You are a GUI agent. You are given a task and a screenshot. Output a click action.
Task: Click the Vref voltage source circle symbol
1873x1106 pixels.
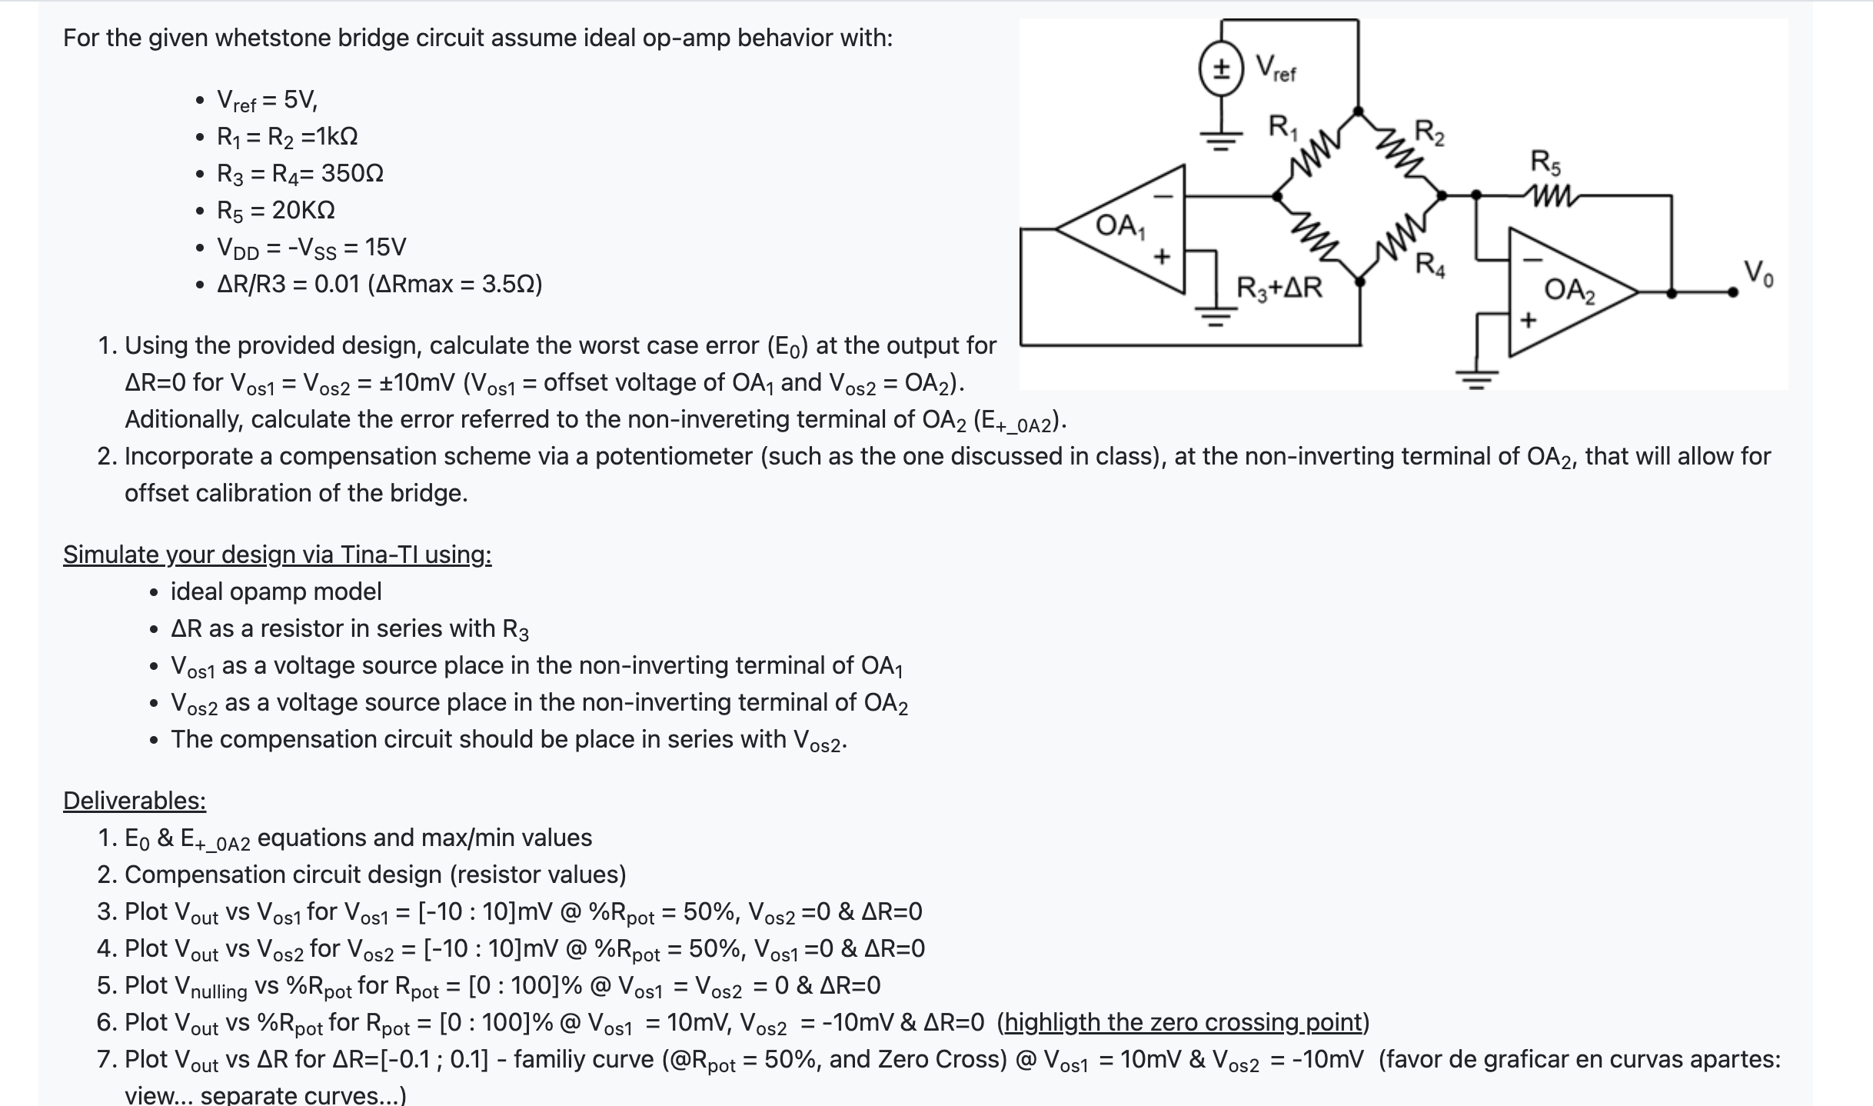1220,68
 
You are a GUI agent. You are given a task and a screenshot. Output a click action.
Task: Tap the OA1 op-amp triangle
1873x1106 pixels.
1130,228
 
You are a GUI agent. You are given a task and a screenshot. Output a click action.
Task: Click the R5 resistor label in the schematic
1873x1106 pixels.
1545,162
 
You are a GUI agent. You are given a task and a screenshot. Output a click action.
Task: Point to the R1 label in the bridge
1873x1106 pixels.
1282,125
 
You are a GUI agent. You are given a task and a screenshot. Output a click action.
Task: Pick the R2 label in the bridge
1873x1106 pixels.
1429,132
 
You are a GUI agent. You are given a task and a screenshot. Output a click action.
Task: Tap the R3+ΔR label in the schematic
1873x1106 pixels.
1279,288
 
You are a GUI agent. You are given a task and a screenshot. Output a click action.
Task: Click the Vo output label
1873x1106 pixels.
1758,273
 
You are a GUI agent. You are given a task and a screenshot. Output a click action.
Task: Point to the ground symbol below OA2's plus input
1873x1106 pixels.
1476,379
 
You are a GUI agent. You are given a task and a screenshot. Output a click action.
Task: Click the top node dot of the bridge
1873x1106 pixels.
1359,112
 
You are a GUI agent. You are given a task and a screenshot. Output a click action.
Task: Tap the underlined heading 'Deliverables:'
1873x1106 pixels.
135,801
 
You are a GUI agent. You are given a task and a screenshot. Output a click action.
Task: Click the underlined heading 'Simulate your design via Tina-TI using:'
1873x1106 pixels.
277,555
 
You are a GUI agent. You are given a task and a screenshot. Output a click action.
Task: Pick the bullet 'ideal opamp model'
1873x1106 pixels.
275,591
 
